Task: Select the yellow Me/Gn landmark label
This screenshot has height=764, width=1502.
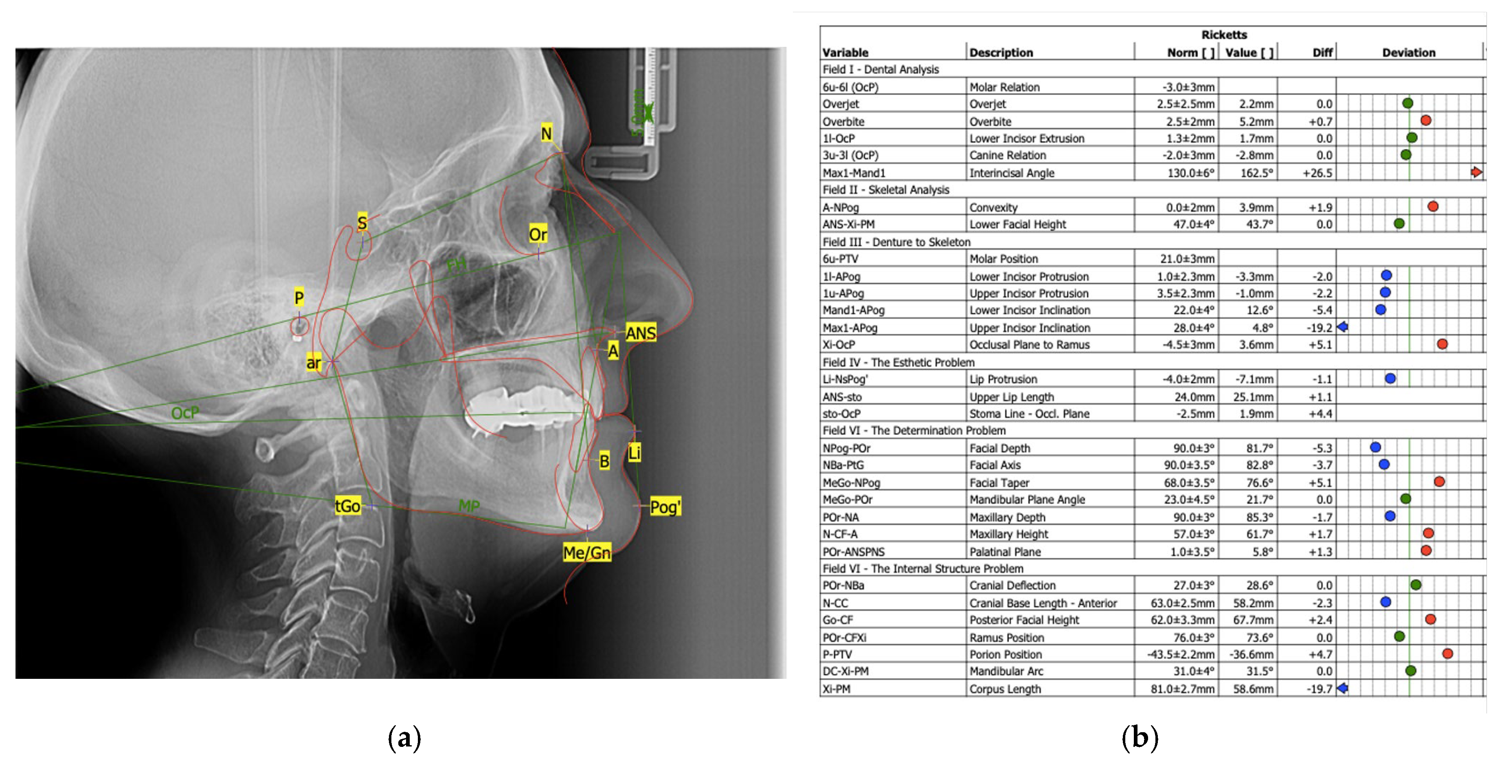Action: [x=586, y=552]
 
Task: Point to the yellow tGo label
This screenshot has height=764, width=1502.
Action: [x=347, y=506]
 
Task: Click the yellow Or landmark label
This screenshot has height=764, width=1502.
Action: [x=538, y=234]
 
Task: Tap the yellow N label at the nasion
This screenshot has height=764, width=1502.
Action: [x=546, y=134]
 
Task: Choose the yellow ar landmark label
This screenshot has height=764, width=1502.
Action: [x=314, y=363]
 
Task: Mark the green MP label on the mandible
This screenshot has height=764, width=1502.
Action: [x=469, y=505]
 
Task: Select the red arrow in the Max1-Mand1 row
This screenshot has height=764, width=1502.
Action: [x=1476, y=172]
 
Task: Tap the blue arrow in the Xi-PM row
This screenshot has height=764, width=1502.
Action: [x=1342, y=688]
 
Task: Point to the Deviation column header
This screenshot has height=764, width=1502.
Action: [x=1408, y=53]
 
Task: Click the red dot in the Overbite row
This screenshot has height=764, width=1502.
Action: [x=1425, y=121]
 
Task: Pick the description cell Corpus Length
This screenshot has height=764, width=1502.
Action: [x=1005, y=689]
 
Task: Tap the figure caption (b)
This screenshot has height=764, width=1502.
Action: [x=1139, y=738]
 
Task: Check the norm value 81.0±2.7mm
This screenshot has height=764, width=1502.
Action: [x=1182, y=689]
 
